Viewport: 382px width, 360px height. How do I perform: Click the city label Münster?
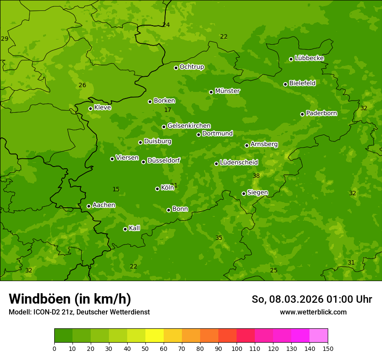tap(227, 91)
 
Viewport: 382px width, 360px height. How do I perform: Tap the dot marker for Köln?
tap(157, 189)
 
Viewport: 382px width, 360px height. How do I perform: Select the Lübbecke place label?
tap(309, 58)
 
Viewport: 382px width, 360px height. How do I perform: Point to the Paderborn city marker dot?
tap(303, 114)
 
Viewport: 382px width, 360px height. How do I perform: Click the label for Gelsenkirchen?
tap(189, 126)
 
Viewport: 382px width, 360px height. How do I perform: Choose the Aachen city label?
tap(104, 205)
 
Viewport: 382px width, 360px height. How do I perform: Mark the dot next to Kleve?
tap(90, 109)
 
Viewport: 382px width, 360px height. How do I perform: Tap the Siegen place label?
tap(257, 193)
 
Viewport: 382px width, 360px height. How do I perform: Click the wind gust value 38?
tap(256, 176)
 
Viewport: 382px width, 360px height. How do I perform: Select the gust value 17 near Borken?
tap(168, 110)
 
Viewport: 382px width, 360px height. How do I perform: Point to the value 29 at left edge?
tap(5, 39)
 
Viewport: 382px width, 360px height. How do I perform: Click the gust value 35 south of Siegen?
tap(219, 238)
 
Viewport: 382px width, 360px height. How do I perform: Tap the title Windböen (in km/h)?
tap(70, 299)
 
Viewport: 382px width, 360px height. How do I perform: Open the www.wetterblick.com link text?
tap(313, 312)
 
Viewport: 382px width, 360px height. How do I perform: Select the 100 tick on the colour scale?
tap(237, 348)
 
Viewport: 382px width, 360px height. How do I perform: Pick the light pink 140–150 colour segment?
tap(319, 336)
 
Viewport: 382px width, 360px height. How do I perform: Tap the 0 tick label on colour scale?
tap(54, 348)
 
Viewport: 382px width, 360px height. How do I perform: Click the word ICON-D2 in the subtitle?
tap(45, 312)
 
